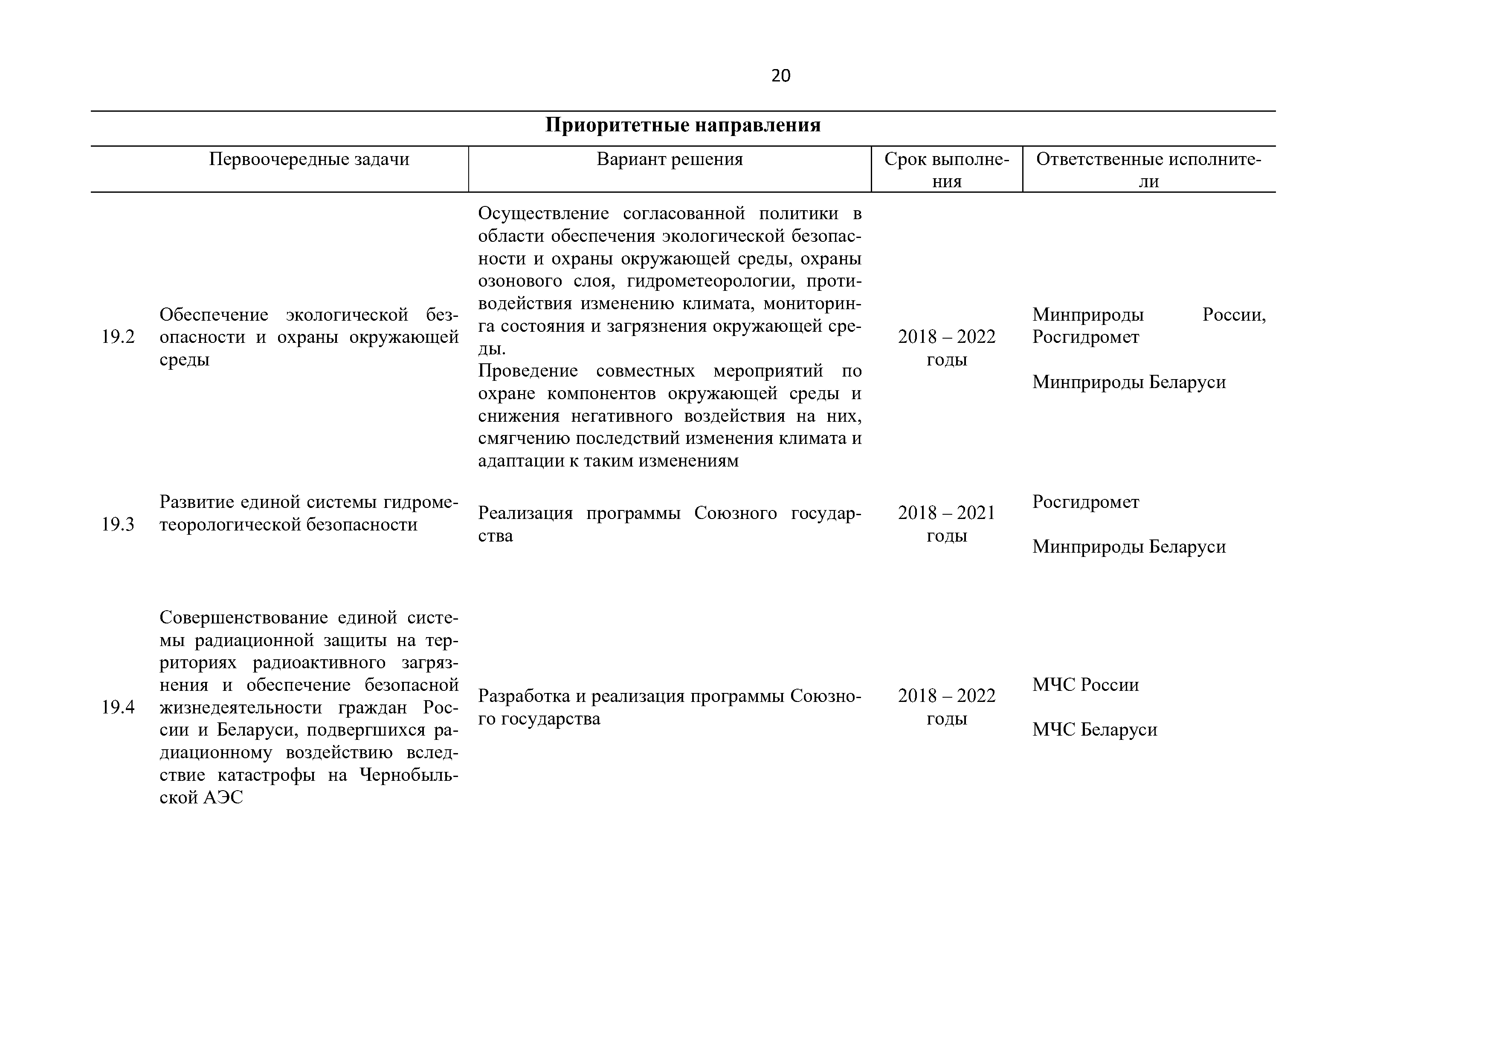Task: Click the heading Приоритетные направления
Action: [682, 125]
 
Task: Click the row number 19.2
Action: [118, 337]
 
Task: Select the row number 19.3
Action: [118, 525]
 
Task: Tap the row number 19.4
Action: [118, 707]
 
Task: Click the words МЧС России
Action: [1085, 685]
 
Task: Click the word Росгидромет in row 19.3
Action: [1085, 502]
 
